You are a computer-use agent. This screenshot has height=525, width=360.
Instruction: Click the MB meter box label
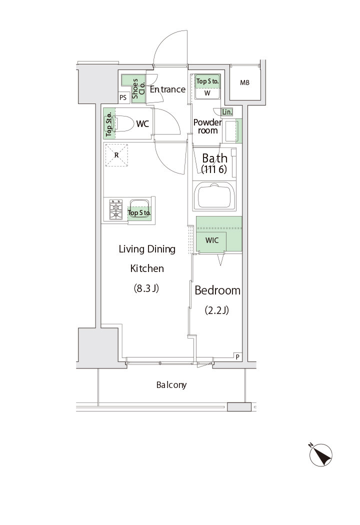(x=245, y=82)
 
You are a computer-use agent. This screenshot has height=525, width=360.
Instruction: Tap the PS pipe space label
(x=123, y=97)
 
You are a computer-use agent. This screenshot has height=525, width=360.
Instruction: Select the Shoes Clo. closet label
(x=138, y=88)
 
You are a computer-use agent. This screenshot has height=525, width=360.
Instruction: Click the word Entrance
(x=167, y=89)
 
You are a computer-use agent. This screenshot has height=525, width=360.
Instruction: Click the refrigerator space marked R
(x=116, y=155)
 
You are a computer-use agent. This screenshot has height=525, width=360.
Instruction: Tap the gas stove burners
(x=116, y=209)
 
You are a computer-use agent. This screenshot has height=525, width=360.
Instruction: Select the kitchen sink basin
(x=139, y=208)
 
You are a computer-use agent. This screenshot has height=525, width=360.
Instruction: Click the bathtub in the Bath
(x=214, y=196)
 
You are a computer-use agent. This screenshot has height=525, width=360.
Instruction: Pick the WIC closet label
(x=212, y=240)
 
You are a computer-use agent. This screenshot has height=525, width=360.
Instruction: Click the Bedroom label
(x=217, y=290)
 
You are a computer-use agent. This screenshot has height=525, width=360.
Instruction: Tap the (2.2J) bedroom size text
(x=216, y=310)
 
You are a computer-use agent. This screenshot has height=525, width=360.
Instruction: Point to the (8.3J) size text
(x=146, y=288)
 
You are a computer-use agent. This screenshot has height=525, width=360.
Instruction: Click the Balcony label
(x=171, y=385)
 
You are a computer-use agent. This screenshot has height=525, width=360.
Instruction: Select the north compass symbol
(x=320, y=454)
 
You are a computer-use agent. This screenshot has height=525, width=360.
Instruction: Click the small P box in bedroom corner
(x=237, y=356)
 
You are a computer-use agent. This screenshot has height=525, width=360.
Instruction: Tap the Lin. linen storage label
(x=227, y=112)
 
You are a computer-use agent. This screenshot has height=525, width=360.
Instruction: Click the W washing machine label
(x=207, y=93)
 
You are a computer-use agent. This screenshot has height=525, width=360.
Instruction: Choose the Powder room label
(x=207, y=126)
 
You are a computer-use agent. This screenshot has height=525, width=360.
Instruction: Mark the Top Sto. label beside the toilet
(x=109, y=123)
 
